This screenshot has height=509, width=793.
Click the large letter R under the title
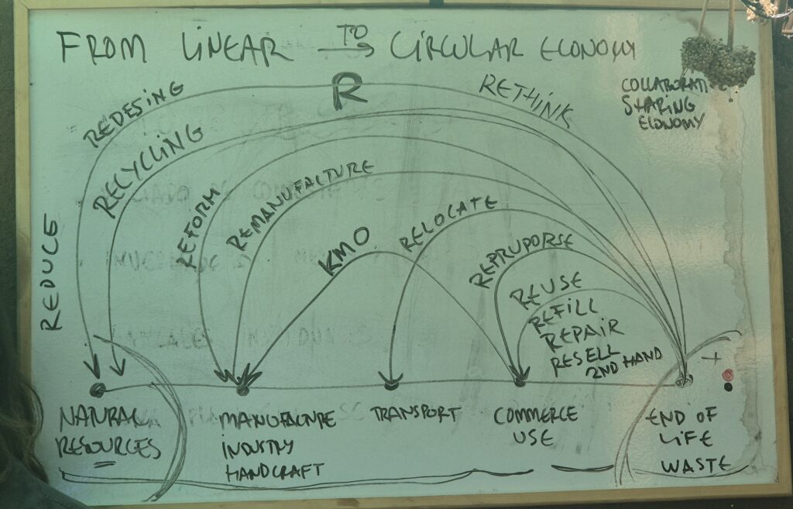point(348,92)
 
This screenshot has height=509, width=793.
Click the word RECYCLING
point(147,170)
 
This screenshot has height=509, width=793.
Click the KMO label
point(345,251)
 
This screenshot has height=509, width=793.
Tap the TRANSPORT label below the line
point(415,414)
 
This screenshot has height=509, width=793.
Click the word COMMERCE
point(536,414)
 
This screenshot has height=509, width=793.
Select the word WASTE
point(696,465)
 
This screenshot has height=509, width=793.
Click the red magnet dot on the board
point(727,375)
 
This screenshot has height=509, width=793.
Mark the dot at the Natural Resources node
point(97,389)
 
